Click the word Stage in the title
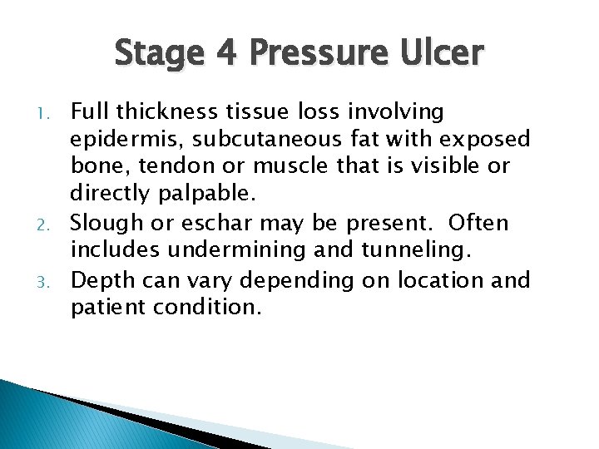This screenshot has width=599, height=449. click(157, 55)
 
